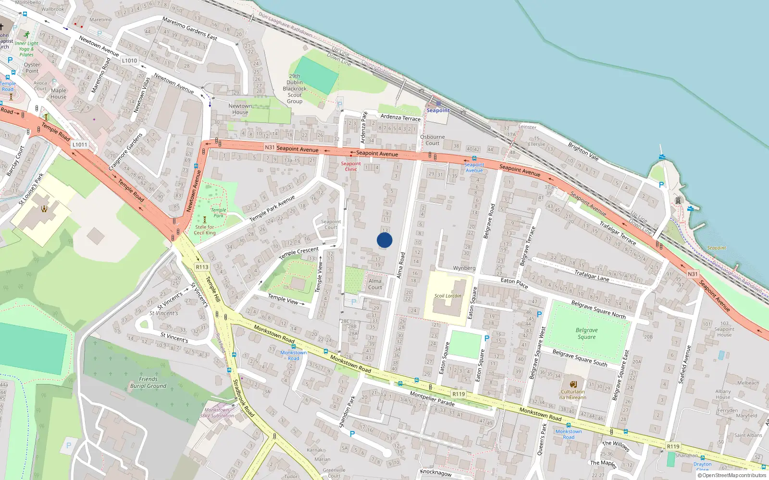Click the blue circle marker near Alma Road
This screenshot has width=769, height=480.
[x=384, y=240]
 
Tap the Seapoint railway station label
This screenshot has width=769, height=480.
[x=438, y=110]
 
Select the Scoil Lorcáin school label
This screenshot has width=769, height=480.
[x=447, y=296]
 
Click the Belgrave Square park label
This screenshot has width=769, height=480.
[x=586, y=334]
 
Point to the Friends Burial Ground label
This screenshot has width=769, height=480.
[x=148, y=383]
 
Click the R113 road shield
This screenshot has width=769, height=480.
[x=202, y=267]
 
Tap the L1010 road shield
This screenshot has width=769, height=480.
[x=129, y=60]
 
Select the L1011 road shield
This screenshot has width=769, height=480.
[x=80, y=144]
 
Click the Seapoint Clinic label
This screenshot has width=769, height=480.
[x=351, y=166]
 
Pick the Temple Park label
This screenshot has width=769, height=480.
[x=218, y=213]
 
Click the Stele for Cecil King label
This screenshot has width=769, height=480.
[x=205, y=230]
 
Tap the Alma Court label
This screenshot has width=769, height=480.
[x=375, y=284]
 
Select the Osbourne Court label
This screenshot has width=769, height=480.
[x=432, y=140]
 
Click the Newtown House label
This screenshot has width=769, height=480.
[x=240, y=109]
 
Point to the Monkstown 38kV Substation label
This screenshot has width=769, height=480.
[x=217, y=413]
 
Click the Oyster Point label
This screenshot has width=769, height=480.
[x=32, y=68]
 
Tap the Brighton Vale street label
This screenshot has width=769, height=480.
[x=583, y=151]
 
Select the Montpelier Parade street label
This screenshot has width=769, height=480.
[x=432, y=399]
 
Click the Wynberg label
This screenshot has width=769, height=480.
[x=464, y=268]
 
